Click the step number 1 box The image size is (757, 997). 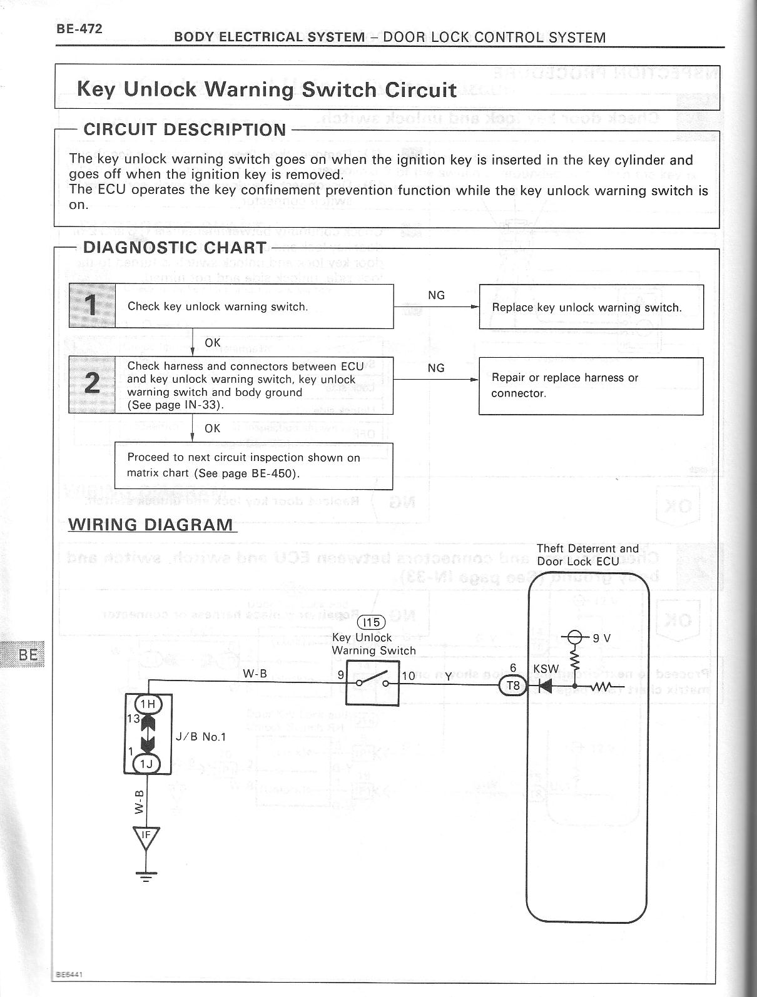[x=92, y=306]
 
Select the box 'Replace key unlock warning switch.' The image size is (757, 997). [x=591, y=307]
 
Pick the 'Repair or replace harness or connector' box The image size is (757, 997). [x=591, y=385]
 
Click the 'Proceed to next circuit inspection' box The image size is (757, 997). [x=253, y=465]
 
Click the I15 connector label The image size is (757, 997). [x=371, y=623]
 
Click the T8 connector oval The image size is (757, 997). [x=513, y=686]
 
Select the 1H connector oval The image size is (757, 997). [x=148, y=704]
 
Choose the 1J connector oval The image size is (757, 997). [x=148, y=764]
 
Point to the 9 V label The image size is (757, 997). [x=601, y=638]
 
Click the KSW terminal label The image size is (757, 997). [x=546, y=669]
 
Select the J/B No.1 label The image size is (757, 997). [x=201, y=737]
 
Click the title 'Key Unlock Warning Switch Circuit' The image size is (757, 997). [x=267, y=89]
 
